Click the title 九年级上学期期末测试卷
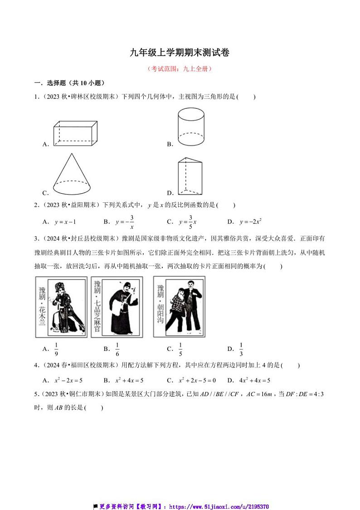click(180, 53)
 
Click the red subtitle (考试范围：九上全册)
click(180, 69)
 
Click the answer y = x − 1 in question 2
click(65, 222)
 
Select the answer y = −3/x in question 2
click(124, 222)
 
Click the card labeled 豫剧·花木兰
click(61, 308)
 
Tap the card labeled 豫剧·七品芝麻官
click(117, 308)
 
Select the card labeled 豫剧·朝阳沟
click(179, 307)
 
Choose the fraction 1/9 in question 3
click(56, 348)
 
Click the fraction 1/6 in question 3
click(117, 348)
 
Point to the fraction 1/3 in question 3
click(241, 348)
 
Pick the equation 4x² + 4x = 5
click(253, 381)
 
